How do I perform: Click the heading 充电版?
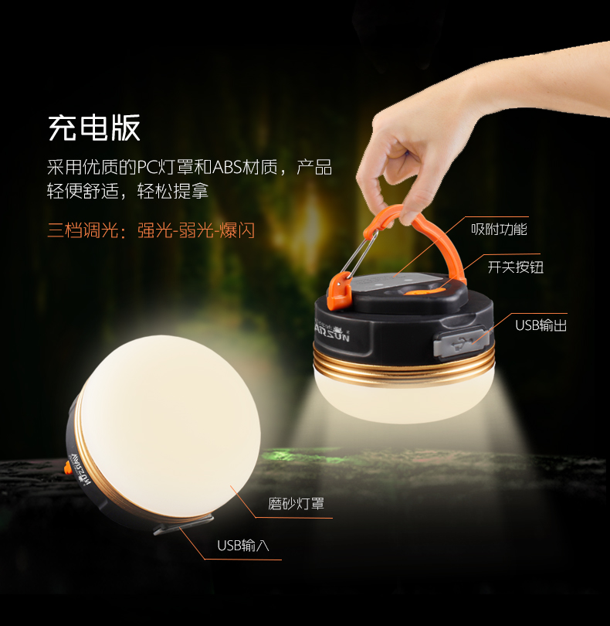click(94, 128)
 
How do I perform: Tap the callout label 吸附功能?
click(499, 230)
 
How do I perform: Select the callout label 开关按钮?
click(516, 267)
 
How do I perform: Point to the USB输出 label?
click(541, 325)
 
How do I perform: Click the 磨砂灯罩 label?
click(296, 503)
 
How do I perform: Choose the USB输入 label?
click(243, 546)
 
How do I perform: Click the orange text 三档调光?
click(83, 230)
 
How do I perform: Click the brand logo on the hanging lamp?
click(332, 332)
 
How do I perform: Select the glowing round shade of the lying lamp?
click(171, 426)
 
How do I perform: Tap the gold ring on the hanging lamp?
click(404, 368)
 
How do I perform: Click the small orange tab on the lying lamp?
click(68, 467)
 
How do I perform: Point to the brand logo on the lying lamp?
click(81, 470)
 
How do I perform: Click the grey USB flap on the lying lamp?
click(183, 524)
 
